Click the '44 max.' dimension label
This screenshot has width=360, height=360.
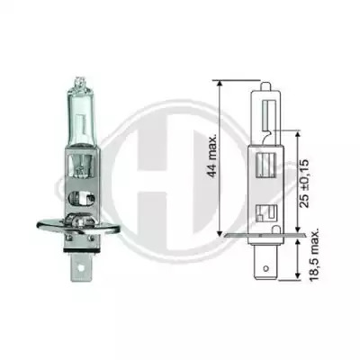[x=212, y=157]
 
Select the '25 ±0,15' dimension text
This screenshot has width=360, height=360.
[x=304, y=184]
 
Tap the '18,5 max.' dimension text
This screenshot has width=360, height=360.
[x=314, y=256]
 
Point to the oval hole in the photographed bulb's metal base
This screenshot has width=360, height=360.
[x=82, y=198]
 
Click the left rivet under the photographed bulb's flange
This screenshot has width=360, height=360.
[x=70, y=238]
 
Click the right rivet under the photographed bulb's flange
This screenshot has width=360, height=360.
[x=90, y=238]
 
